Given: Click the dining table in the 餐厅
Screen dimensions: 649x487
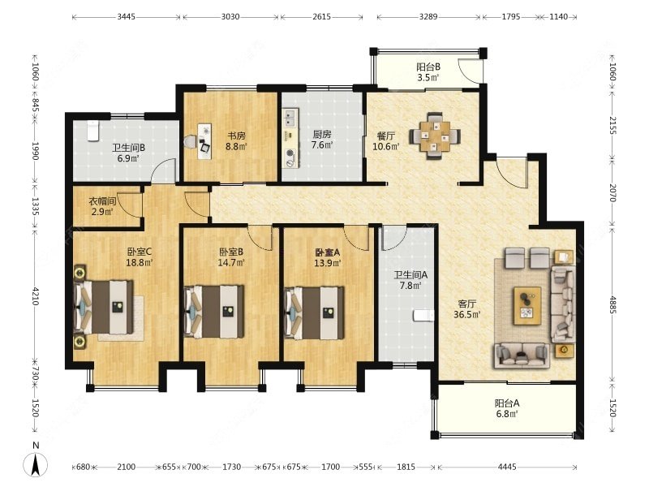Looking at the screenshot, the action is [x=435, y=136].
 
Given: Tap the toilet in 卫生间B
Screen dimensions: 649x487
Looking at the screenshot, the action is [x=93, y=131].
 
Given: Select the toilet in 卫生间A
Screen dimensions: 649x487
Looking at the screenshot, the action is [x=423, y=316].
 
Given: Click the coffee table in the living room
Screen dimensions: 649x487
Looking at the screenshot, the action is [x=527, y=306].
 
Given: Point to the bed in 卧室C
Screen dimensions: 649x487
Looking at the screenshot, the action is [x=105, y=308].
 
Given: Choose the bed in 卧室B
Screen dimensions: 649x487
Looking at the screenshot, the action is [x=214, y=312].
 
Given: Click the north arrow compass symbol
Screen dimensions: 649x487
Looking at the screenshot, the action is [x=36, y=463].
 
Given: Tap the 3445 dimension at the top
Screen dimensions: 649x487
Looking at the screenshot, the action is [x=126, y=17].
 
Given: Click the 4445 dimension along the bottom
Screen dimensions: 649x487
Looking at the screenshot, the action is [x=507, y=468].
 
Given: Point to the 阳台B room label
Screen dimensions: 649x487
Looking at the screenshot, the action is [x=428, y=67].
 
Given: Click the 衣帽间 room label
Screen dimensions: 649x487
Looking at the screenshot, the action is [x=102, y=201].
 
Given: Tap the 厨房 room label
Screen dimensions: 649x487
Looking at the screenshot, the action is [x=322, y=135].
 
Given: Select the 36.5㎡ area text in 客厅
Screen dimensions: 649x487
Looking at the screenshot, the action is [x=467, y=314].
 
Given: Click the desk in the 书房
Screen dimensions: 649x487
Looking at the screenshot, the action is [x=204, y=141].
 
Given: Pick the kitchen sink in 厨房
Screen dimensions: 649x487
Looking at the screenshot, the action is [x=290, y=118].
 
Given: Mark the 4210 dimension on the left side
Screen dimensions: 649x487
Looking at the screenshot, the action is [x=36, y=296].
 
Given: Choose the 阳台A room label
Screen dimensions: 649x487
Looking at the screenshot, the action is [x=507, y=403].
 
